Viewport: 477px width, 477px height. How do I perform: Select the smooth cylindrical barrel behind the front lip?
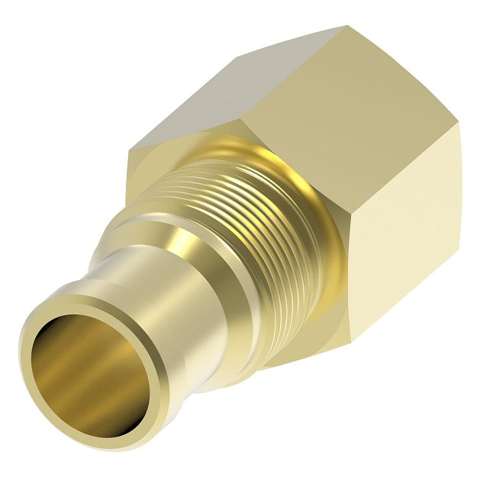click(153, 321)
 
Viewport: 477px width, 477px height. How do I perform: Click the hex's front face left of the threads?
click(141, 176)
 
